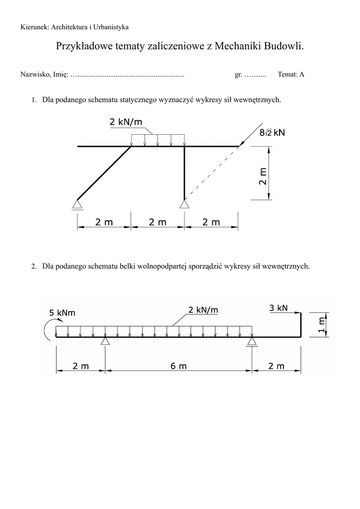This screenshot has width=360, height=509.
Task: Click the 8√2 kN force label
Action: coord(273,133)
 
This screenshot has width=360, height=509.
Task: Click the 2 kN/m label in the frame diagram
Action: coord(126,122)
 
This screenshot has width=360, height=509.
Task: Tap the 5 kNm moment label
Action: coord(62,313)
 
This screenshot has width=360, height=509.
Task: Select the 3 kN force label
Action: coord(278,308)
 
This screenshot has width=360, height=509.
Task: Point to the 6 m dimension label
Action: coord(179,366)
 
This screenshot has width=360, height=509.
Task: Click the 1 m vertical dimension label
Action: coord(321,325)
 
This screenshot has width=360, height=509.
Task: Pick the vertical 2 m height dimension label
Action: coord(263,176)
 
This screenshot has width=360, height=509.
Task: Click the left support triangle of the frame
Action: coord(77,203)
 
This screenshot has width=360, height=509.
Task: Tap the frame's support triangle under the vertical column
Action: coord(184,203)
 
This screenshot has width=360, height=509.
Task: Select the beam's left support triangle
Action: coord(105,341)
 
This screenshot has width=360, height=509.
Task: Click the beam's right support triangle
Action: coord(252,341)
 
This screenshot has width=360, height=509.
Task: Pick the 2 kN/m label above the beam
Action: coord(203,310)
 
